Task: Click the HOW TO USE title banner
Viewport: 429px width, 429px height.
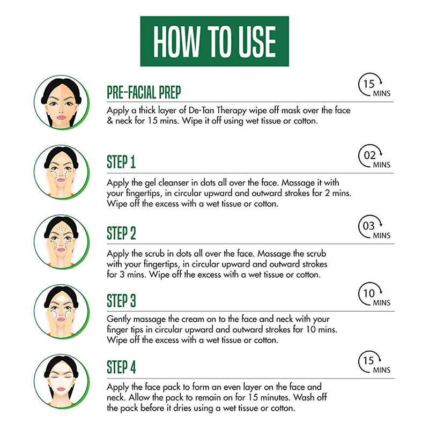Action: pos(214,41)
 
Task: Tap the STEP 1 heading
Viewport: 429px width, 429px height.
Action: pos(121,162)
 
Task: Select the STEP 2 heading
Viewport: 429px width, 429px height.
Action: pos(122,233)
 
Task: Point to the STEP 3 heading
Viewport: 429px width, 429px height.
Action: pos(122,300)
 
